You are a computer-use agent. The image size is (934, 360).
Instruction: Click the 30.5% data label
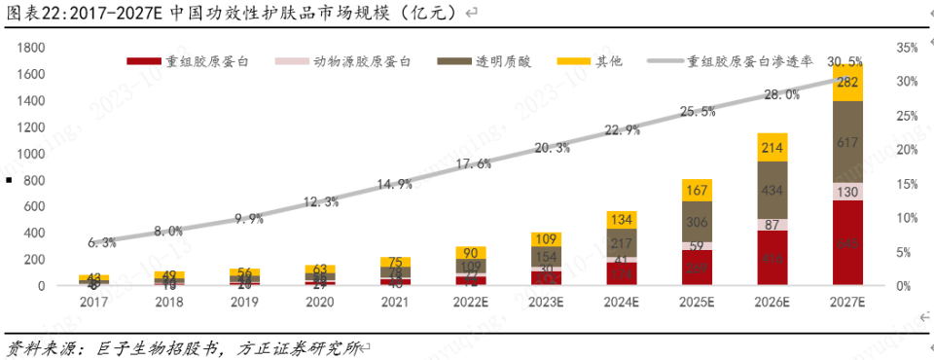click(845, 61)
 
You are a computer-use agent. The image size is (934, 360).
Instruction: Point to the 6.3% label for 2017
click(101, 242)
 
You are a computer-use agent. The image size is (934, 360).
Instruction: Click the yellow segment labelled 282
click(847, 83)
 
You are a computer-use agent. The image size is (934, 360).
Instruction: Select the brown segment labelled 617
click(847, 142)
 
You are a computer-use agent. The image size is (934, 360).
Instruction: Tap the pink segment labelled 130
click(847, 192)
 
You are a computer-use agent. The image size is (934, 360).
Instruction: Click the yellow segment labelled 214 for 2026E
click(772, 148)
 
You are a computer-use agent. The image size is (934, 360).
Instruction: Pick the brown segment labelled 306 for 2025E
click(697, 221)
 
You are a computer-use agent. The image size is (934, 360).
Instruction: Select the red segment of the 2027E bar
click(847, 243)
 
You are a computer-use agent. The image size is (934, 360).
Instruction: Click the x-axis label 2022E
click(471, 302)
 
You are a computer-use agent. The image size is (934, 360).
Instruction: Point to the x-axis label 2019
click(244, 302)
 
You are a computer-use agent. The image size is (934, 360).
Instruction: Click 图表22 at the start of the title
click(28, 13)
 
